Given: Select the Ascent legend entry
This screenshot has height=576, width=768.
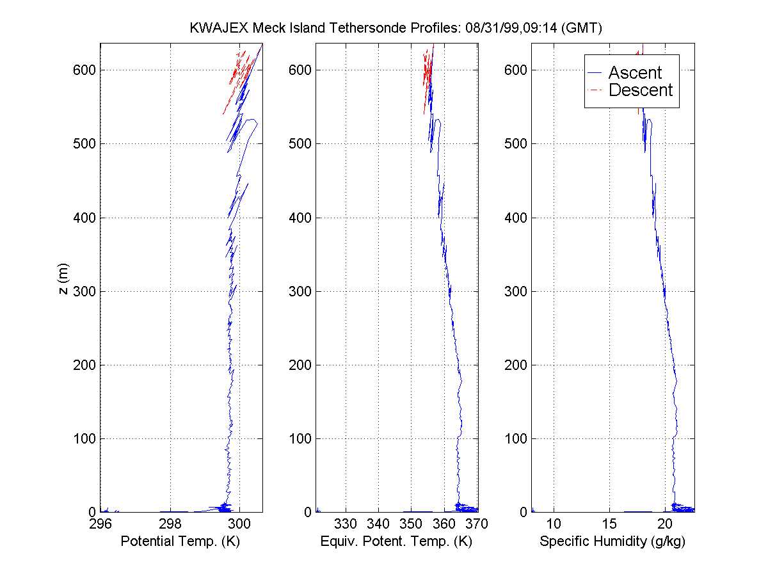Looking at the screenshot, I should (634, 73).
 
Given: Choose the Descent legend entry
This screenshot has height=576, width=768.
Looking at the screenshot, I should (640, 90).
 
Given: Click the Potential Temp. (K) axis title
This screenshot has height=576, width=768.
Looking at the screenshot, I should (181, 541).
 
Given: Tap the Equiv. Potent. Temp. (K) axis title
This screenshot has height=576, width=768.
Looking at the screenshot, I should (396, 541).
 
